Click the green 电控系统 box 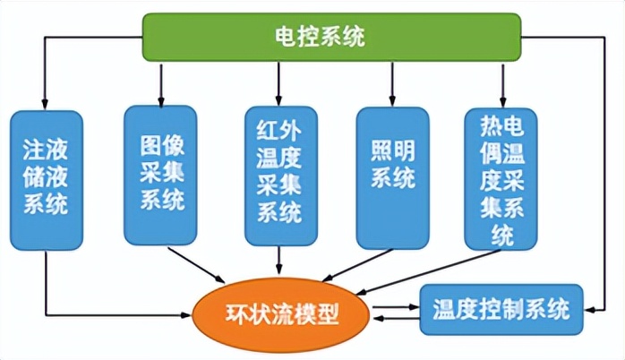(332, 37)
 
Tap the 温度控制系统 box (501, 310)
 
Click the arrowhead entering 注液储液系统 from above (45, 102)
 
